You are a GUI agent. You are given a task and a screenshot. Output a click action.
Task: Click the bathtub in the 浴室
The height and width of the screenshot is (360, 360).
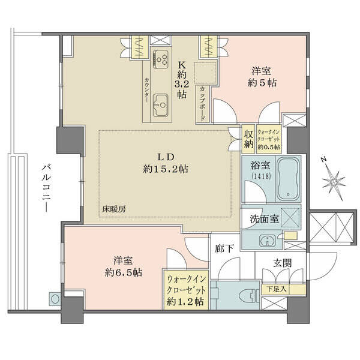coord(289,179)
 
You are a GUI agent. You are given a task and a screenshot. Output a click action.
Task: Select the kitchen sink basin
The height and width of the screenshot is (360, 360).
coord(161,105)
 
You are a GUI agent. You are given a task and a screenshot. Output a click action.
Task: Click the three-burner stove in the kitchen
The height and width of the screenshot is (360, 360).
coord(161,59)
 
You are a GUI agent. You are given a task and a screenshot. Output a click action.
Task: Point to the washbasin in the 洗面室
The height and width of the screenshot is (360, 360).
coord(268,241)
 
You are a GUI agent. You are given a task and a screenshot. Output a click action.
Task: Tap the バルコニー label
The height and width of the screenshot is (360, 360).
coord(46,188)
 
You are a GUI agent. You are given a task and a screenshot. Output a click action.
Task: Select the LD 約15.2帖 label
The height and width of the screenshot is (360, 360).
coord(166,163)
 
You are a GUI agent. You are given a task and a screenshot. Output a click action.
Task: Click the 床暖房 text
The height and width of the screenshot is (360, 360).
coord(114,209)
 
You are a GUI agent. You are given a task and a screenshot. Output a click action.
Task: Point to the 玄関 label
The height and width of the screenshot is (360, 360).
coord(283,263)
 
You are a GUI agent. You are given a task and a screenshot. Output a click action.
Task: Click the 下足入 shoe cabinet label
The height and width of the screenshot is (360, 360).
coord(277,289)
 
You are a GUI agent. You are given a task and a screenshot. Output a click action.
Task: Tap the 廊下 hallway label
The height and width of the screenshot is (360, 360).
coord(224,248)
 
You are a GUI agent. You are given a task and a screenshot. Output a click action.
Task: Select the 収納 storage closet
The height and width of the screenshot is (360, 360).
coord(248,139)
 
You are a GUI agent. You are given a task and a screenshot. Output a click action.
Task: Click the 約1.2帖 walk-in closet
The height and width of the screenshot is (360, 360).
coord(186,290)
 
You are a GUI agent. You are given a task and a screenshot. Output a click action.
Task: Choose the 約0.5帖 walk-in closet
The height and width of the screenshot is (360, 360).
coord(269,139)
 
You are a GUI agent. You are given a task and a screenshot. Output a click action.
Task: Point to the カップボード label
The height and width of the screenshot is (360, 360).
coord(203,104)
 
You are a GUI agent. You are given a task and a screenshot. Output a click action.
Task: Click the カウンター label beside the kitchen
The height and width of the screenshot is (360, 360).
coord(146,90)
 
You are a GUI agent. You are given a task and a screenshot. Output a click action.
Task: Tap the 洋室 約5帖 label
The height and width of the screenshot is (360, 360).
coord(262,77)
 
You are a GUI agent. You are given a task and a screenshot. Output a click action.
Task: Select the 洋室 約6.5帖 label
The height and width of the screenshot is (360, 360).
coord(123,267)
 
